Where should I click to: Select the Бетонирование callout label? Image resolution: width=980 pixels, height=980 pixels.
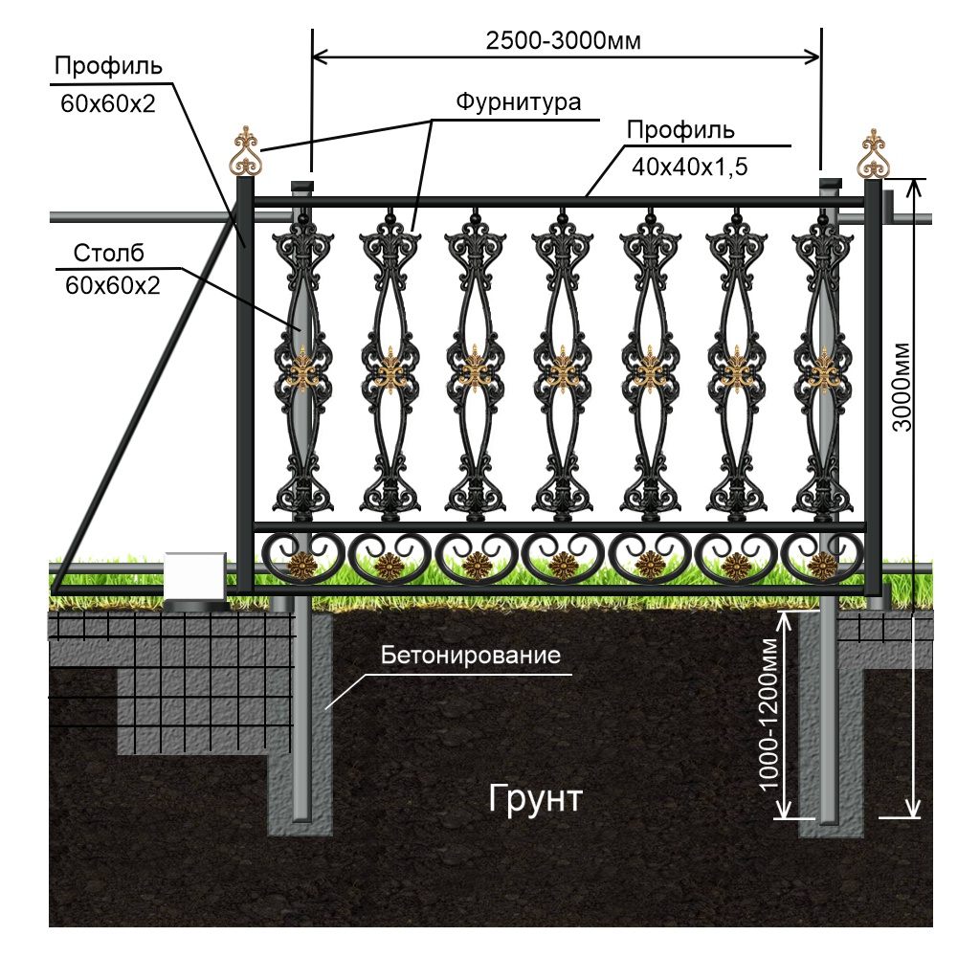click(x=469, y=657)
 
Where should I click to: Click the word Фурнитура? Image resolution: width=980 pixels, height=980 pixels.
click(x=517, y=102)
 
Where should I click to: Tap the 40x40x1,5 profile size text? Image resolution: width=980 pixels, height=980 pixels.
click(x=689, y=166)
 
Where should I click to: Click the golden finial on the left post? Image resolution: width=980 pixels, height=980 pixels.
click(x=247, y=151)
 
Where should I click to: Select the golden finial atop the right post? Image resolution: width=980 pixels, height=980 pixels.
click(x=872, y=153)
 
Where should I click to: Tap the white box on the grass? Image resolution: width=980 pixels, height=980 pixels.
click(x=195, y=575)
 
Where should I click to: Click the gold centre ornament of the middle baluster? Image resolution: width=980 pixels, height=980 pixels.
click(x=561, y=367)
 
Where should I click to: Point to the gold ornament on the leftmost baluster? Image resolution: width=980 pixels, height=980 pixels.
click(x=302, y=367)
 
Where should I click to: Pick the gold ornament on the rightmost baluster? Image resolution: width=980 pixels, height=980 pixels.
click(x=822, y=369)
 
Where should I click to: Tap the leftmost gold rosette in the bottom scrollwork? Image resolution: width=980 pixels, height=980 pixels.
click(x=302, y=567)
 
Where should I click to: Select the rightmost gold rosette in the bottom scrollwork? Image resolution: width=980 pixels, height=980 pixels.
click(x=821, y=567)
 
